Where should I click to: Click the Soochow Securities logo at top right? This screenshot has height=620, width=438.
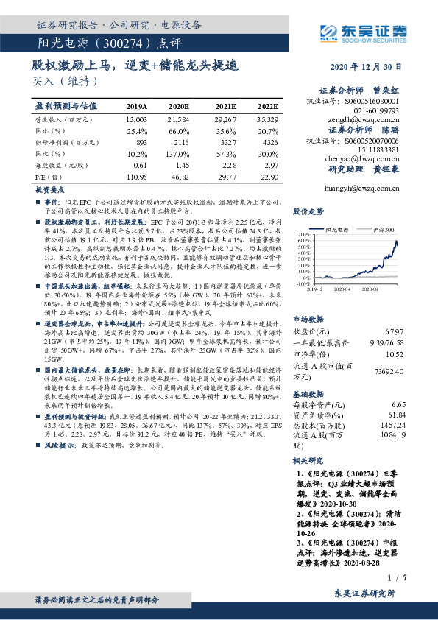point(361,31)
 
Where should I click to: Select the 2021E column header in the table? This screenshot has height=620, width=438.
point(226,106)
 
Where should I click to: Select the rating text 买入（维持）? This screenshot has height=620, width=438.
point(60,81)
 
